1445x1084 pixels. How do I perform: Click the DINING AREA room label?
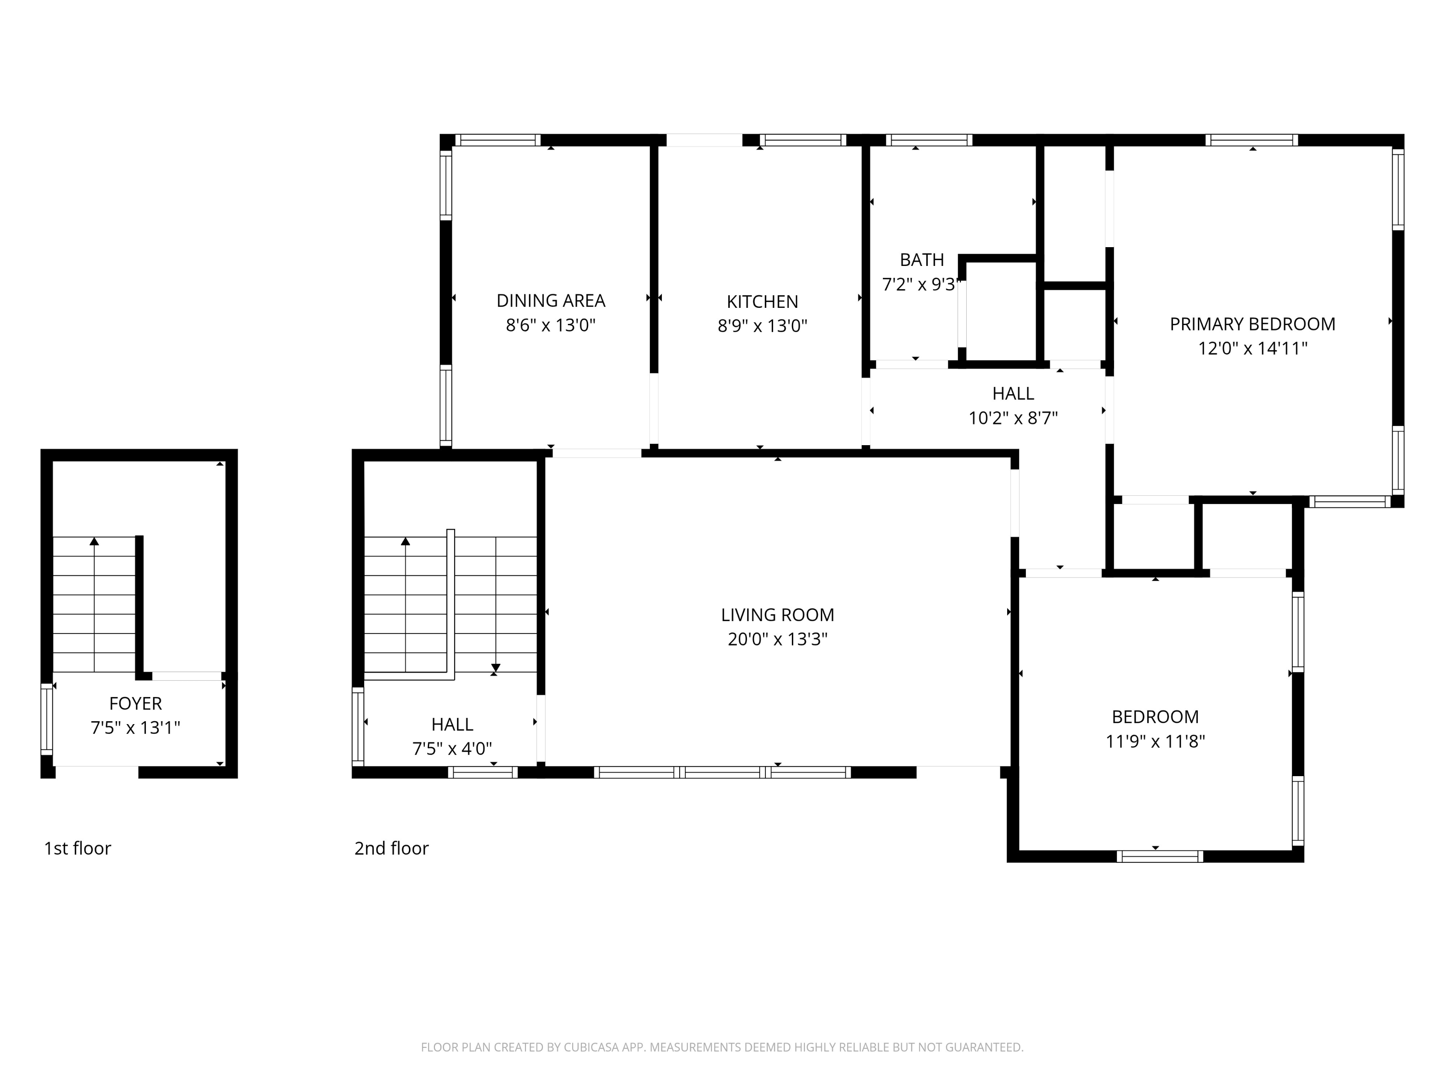coord(551,301)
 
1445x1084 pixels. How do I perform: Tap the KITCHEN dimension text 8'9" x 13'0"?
coord(762,325)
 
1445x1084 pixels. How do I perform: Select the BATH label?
coord(922,260)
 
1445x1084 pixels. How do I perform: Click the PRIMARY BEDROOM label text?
coord(1252,324)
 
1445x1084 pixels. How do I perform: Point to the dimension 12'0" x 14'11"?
coord(1252,348)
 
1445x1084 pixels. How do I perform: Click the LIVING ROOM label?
coord(777,615)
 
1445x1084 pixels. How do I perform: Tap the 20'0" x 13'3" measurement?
coord(777,639)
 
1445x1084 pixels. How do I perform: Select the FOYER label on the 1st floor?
coord(135,704)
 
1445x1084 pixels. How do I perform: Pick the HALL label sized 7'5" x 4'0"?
coord(452,725)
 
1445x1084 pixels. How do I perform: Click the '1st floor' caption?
coord(77,848)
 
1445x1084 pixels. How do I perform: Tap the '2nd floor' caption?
coord(391,848)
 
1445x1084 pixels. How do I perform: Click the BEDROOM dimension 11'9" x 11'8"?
coord(1155,741)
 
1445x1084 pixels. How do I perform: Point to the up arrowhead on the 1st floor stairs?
coord(94,541)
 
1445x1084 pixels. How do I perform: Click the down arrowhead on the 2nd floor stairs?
coord(496,668)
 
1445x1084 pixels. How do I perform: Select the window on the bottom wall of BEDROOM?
coord(1159,857)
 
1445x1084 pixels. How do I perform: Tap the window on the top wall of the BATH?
coord(929,140)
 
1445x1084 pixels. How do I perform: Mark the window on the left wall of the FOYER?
coord(46,718)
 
